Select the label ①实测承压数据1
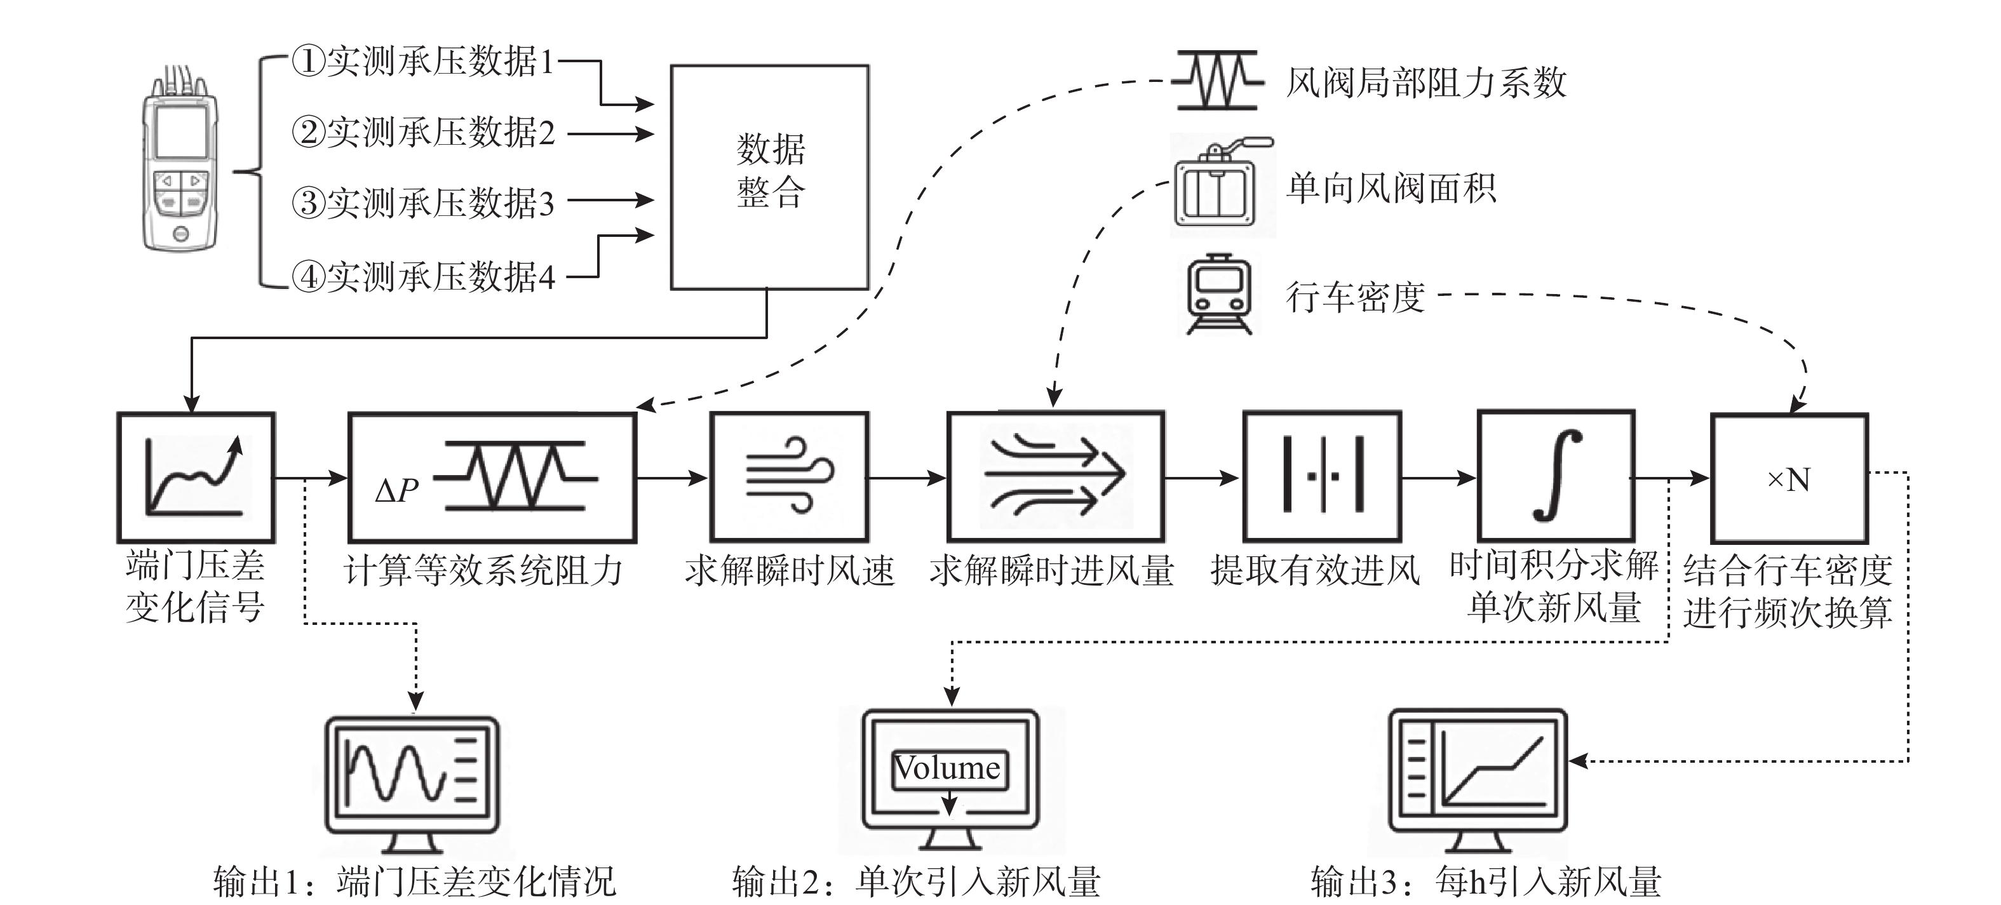point(423,62)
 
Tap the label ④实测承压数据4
point(423,276)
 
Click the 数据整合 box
point(770,177)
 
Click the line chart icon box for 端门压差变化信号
point(196,477)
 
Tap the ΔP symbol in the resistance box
point(396,490)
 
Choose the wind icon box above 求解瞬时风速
point(789,476)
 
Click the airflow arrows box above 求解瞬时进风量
point(1056,476)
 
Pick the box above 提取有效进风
point(1322,476)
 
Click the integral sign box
point(1556,476)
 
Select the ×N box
point(1789,478)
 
